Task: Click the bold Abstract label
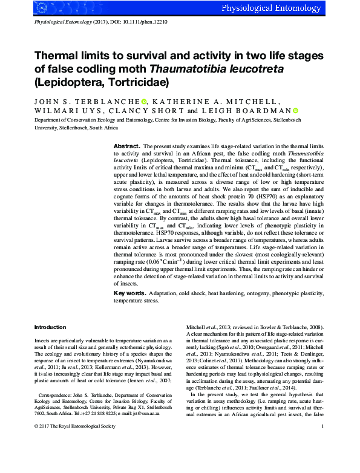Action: (127, 147)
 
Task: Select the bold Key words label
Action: (129, 293)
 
